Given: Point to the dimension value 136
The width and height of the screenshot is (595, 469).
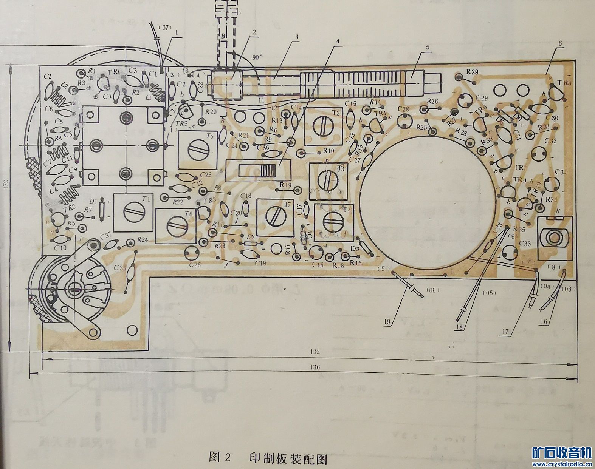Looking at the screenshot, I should click(x=316, y=367).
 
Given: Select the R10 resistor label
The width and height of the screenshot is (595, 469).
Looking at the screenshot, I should click(x=328, y=151).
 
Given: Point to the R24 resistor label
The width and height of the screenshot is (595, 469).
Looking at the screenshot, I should click(x=143, y=239).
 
